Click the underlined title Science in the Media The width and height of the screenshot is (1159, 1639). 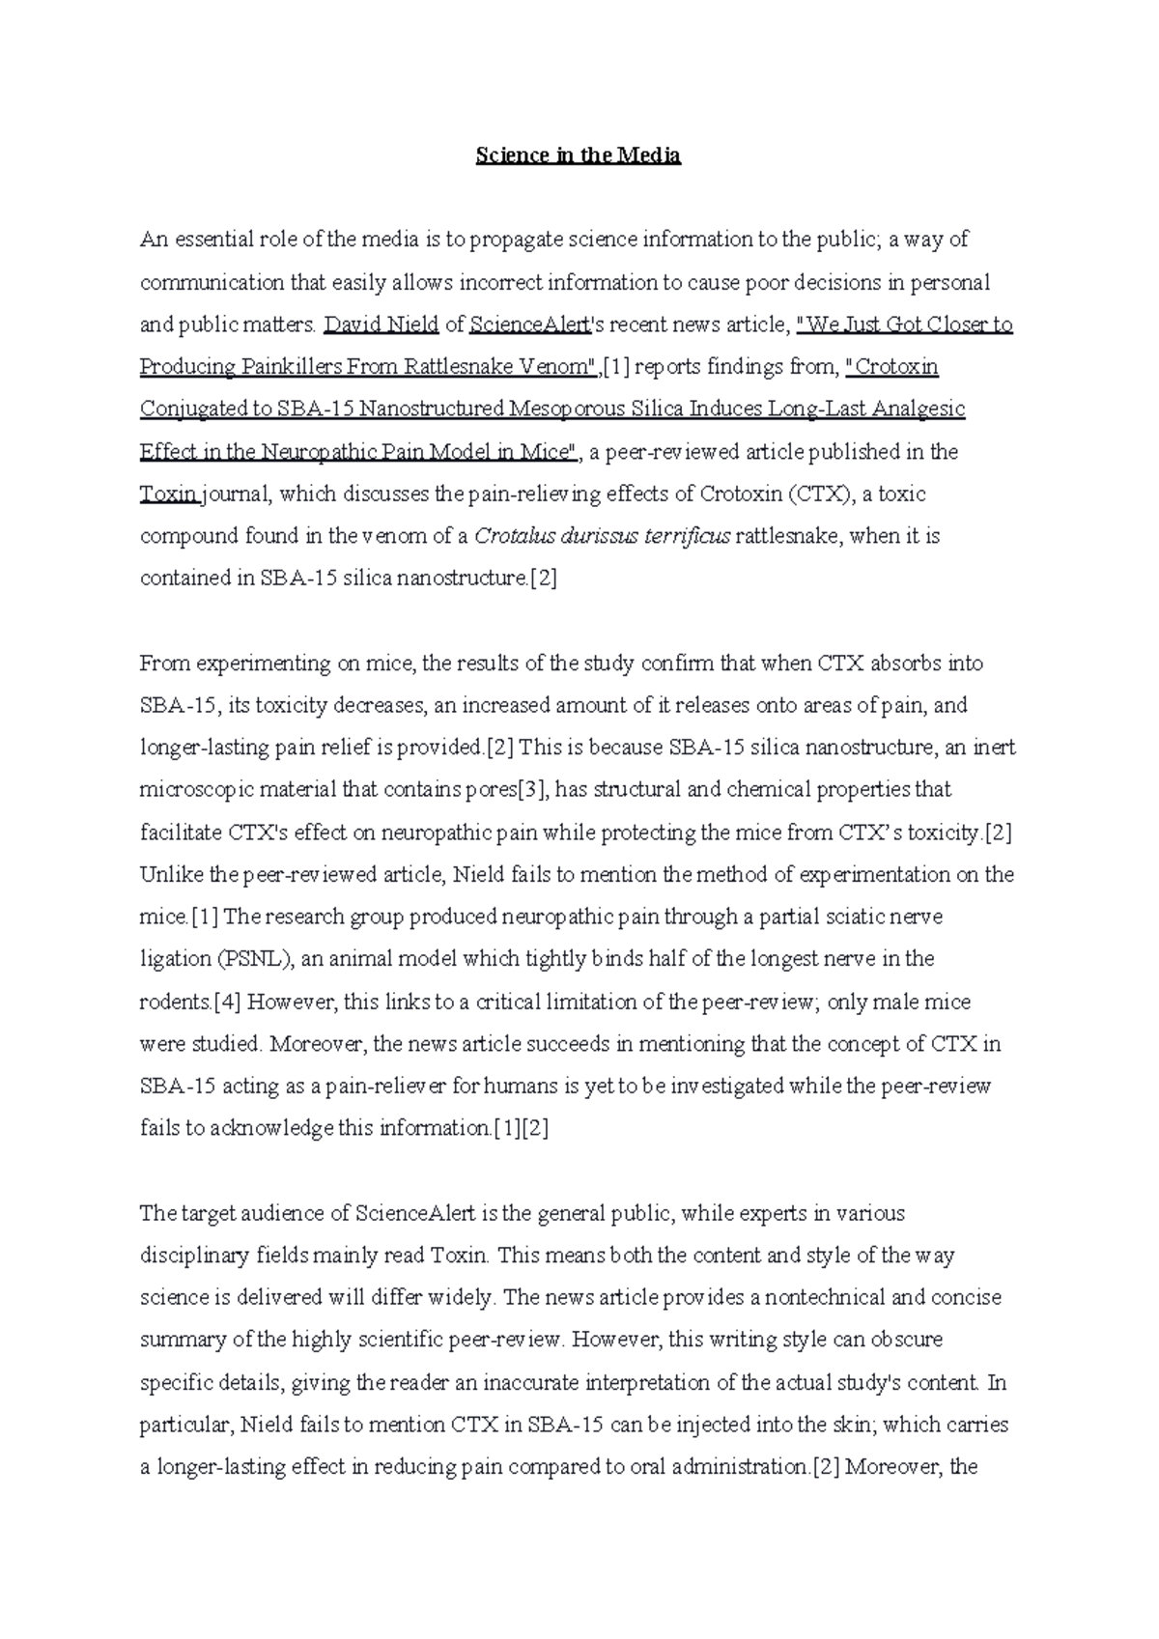coord(578,155)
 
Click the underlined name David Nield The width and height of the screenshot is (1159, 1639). coord(382,325)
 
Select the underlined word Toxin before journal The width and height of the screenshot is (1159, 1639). coord(168,495)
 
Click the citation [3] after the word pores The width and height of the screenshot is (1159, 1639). coord(533,790)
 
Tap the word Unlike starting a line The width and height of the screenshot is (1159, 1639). coord(172,875)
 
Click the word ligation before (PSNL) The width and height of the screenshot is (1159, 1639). coord(175,959)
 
